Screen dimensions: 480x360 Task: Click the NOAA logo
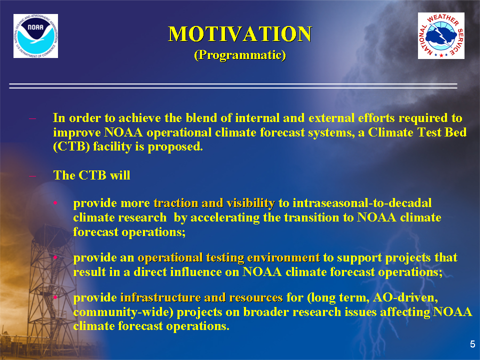[35, 36]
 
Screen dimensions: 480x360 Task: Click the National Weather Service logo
[441, 36]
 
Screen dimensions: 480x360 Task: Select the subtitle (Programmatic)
[240, 55]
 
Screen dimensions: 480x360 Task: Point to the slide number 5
[472, 344]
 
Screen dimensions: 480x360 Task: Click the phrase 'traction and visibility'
[214, 203]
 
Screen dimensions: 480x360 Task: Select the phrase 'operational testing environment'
[228, 258]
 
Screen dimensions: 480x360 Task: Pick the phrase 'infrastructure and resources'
[201, 297]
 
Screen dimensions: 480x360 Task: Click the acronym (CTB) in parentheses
[71, 146]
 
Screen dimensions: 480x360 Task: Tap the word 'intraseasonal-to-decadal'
[362, 203]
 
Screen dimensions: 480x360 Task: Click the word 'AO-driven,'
[405, 297]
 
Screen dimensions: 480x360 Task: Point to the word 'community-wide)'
[123, 312]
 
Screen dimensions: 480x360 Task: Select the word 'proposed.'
[175, 147]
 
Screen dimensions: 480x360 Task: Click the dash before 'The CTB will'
[32, 176]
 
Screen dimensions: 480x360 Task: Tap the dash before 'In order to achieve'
[32, 119]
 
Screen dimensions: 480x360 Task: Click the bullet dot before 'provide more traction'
[55, 203]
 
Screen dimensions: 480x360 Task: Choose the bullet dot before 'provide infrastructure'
[55, 297]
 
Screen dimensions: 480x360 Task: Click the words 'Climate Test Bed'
[417, 132]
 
